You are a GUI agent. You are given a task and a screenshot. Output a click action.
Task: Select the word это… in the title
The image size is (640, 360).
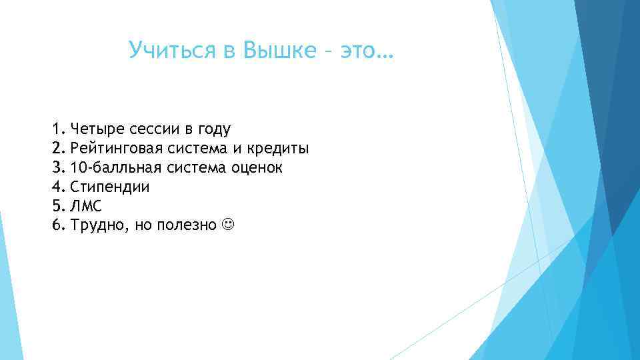(x=366, y=49)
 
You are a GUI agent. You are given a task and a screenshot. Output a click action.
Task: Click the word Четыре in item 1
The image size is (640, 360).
(x=94, y=129)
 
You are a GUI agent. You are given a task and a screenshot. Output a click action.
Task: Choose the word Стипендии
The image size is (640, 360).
(x=109, y=187)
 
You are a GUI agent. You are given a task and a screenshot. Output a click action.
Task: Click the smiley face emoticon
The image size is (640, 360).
(x=228, y=225)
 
